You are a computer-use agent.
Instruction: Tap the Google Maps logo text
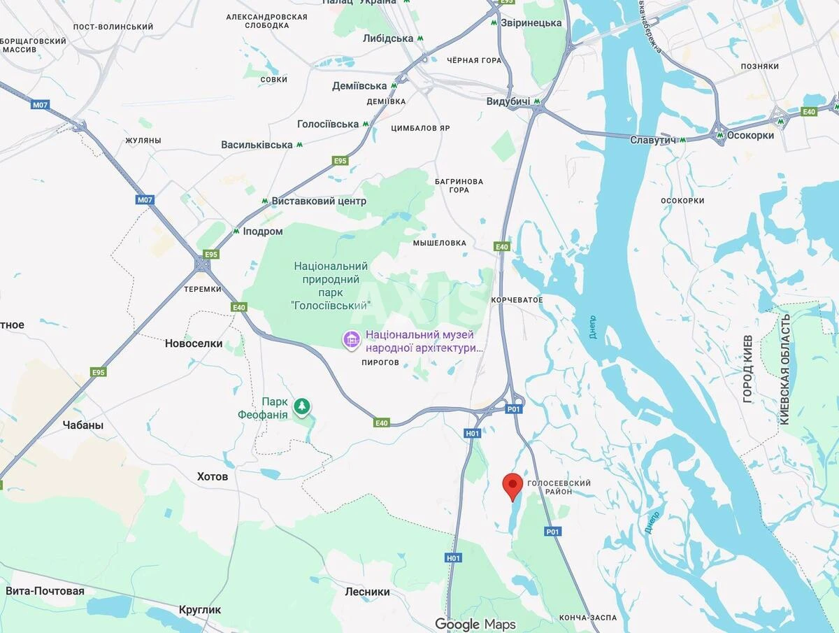[475, 624]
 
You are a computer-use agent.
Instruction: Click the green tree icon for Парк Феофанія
[301, 406]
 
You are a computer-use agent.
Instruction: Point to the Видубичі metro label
[508, 101]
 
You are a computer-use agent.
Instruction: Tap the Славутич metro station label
[652, 140]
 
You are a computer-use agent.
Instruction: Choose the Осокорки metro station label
[750, 136]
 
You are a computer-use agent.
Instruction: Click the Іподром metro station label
[263, 232]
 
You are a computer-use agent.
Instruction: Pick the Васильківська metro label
[257, 145]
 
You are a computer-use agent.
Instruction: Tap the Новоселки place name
[194, 343]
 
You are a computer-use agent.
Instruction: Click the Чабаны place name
[83, 425]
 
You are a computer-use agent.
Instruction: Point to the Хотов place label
[213, 476]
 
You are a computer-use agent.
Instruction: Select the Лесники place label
[367, 592]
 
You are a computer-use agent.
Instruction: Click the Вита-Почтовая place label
[45, 591]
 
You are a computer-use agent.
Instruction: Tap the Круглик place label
[200, 609]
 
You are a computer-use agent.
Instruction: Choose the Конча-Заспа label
[588, 618]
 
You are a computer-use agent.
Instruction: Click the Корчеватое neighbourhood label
[517, 300]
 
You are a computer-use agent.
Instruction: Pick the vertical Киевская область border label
[784, 369]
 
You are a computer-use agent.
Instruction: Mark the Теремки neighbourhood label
[203, 289]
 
